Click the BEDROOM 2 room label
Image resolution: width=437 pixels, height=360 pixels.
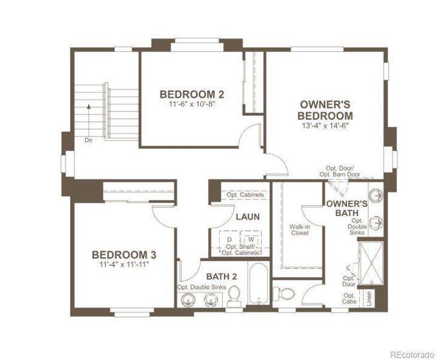click(191, 94)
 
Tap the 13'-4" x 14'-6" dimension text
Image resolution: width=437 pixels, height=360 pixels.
click(325, 125)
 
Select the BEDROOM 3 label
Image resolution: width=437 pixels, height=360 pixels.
click(124, 254)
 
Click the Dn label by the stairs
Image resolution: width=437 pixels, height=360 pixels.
click(88, 140)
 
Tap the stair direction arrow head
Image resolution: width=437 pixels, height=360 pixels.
click(89, 106)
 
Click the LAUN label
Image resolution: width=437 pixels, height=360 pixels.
click(248, 217)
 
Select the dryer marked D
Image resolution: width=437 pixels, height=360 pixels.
click(229, 240)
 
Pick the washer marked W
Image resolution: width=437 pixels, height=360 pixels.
click(251, 239)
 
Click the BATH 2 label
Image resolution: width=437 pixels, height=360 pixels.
click(222, 277)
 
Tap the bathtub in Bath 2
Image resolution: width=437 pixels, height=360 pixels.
click(258, 283)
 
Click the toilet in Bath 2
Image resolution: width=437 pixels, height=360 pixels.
click(234, 296)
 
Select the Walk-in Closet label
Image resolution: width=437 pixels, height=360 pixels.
click(300, 230)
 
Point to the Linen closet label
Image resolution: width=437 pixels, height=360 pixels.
click(369, 298)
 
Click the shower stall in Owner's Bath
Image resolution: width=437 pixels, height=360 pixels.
click(371, 263)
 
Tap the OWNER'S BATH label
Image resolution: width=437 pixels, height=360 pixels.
click(347, 208)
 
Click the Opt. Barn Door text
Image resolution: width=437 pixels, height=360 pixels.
click(340, 175)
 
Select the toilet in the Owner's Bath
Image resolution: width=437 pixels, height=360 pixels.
click(284, 293)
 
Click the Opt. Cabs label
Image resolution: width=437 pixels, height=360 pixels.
click(349, 298)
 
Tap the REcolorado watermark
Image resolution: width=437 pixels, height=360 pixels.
click(412, 355)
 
